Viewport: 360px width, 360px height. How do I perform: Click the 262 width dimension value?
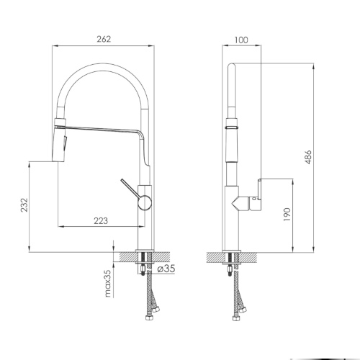pos(104,40)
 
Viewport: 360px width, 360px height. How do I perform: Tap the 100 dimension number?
pos(241,40)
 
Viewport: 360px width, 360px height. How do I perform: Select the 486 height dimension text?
pos(308,157)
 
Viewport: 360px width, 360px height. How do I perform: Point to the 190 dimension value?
pos(287,215)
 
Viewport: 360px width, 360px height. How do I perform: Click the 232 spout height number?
pos(24,204)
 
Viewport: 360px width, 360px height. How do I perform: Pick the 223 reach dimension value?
pos(101,221)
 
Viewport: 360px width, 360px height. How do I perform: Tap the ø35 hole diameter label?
pos(166,269)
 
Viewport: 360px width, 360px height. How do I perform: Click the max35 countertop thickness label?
pos(109,283)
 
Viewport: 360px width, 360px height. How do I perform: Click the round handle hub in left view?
pos(145,202)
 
